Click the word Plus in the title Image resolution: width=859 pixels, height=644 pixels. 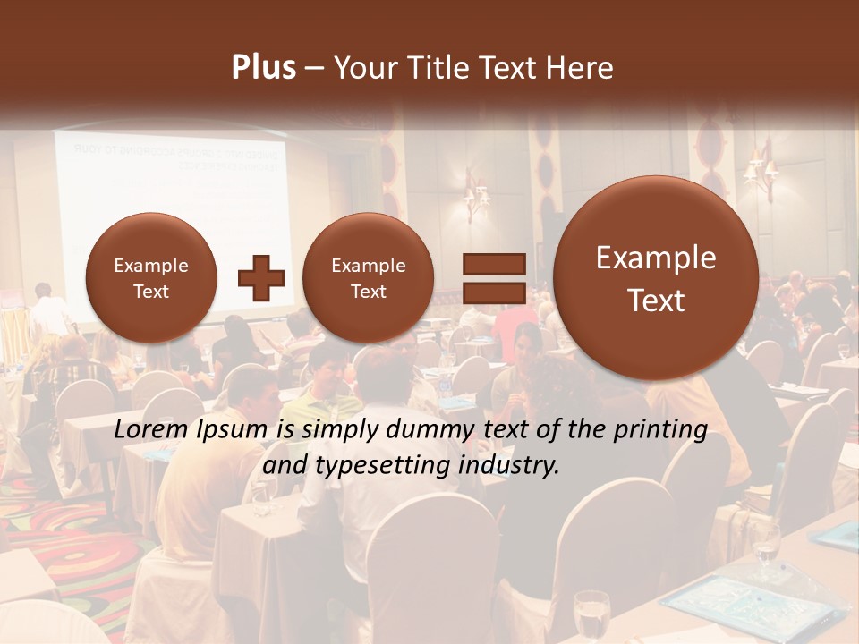[263, 68]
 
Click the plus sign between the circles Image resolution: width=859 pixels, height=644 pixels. [261, 278]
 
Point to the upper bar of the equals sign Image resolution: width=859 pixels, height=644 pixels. [494, 264]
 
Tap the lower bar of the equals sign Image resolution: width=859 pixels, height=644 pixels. [494, 292]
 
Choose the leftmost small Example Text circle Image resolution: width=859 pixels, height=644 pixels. [150, 277]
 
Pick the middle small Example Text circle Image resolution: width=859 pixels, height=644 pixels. [368, 277]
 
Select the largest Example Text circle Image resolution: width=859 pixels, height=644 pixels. [656, 278]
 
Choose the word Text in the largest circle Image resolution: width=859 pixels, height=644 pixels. [656, 301]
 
